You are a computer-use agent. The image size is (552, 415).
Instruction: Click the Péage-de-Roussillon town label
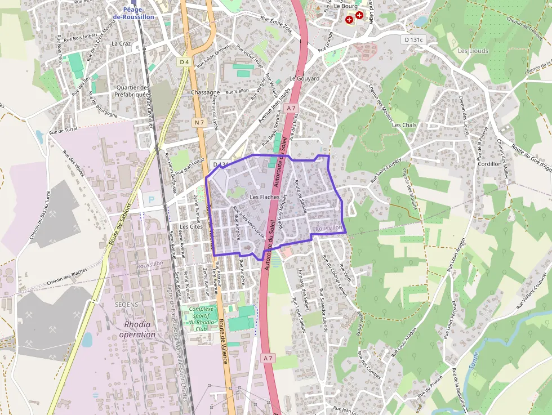133,13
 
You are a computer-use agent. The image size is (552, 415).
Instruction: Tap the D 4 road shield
184,62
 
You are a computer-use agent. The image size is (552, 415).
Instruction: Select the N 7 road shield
199,122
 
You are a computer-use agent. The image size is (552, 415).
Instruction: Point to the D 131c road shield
413,39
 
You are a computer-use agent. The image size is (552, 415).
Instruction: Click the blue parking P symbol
150,199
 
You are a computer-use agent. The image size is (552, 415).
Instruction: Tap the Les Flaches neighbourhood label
264,197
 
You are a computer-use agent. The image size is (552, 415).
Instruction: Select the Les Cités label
191,226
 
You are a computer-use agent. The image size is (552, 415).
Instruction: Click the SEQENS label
126,304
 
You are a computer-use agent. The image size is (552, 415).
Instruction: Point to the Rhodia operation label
137,329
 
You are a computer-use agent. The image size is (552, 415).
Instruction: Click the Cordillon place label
489,164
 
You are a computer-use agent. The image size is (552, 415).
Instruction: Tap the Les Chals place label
404,125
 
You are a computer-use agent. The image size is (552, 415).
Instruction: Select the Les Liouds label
473,51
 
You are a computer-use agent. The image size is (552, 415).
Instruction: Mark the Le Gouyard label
304,78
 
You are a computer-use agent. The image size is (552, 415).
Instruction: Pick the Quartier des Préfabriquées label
132,91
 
